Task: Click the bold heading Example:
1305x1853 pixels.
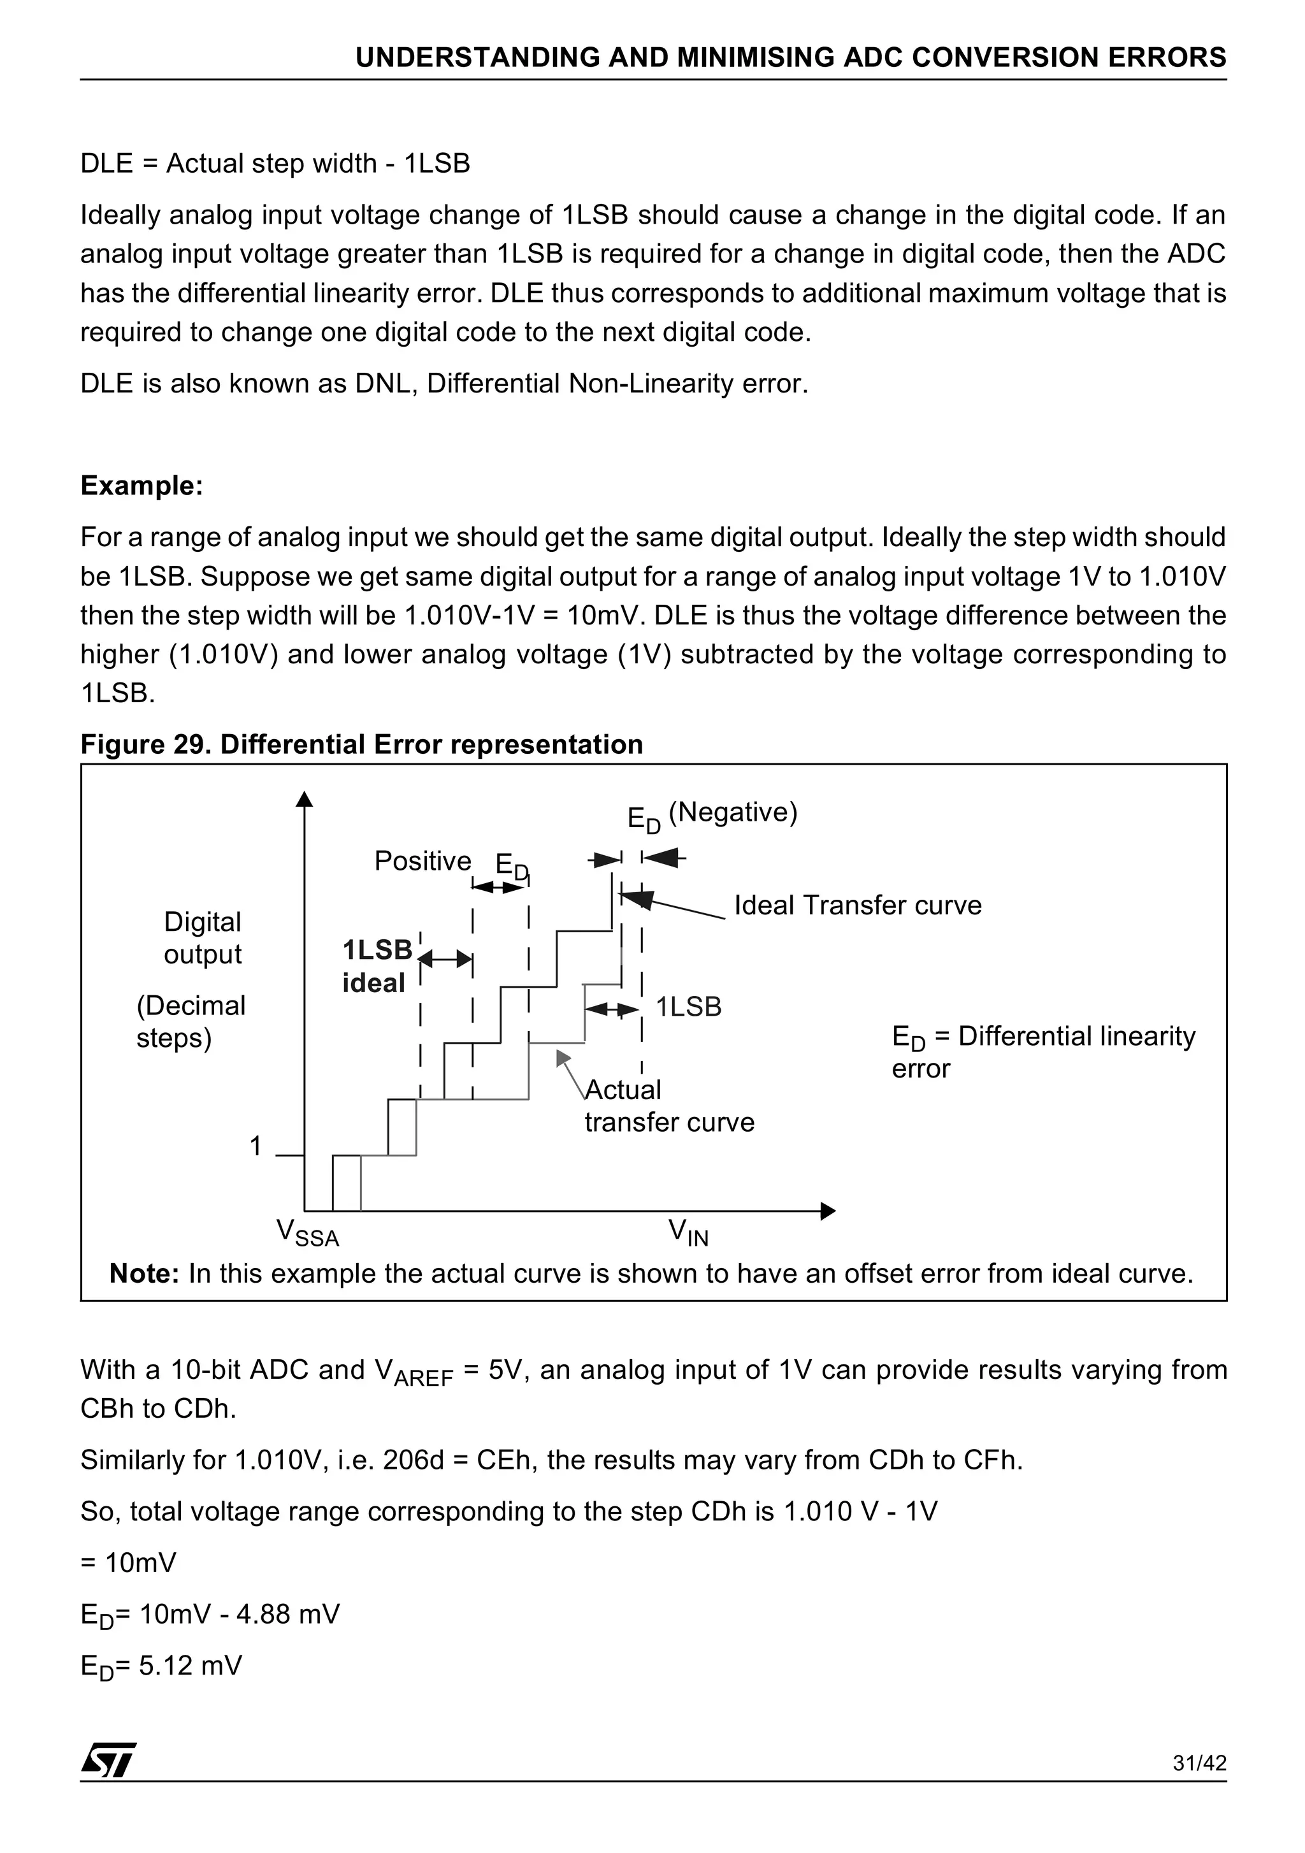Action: (x=142, y=486)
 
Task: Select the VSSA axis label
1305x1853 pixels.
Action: (x=308, y=1232)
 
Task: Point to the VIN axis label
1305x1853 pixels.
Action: (x=688, y=1232)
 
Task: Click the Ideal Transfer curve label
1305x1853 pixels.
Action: (x=857, y=905)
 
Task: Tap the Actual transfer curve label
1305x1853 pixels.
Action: (x=668, y=1106)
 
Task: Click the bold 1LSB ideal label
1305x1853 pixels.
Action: (x=377, y=966)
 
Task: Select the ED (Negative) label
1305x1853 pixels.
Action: (x=712, y=814)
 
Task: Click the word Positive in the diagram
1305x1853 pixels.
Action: (x=422, y=861)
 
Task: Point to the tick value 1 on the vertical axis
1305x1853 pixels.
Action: (x=256, y=1146)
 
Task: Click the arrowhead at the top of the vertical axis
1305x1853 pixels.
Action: (x=304, y=799)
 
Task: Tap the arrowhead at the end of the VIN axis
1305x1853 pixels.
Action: (x=827, y=1211)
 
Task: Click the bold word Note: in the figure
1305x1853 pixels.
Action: (x=143, y=1274)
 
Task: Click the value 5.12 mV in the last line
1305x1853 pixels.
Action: (x=191, y=1665)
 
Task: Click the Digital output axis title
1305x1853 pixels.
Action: (x=203, y=938)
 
